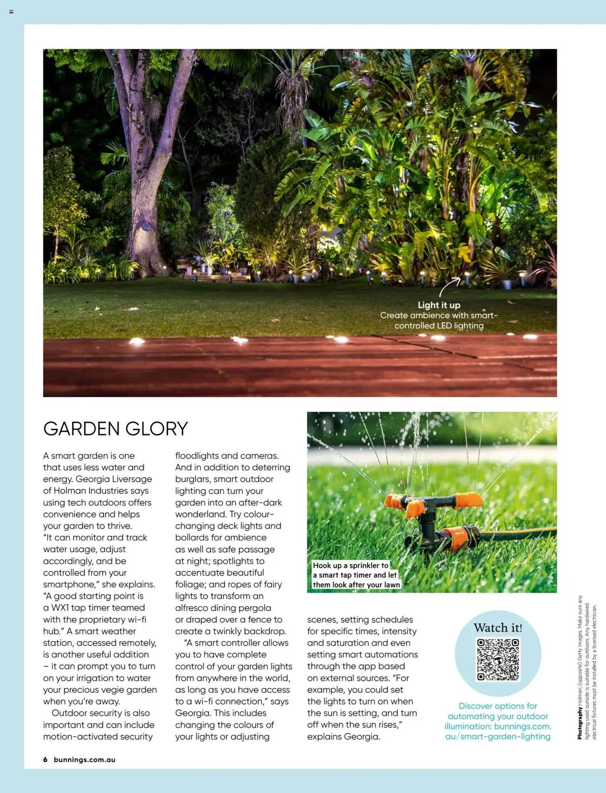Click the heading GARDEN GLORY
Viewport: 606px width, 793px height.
click(x=116, y=429)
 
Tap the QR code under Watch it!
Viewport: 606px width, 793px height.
click(x=498, y=659)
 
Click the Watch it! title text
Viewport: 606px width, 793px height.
click(x=498, y=628)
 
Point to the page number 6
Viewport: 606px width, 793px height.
click(x=45, y=760)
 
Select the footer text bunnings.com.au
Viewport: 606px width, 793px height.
click(x=85, y=760)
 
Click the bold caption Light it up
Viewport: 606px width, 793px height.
click(x=439, y=305)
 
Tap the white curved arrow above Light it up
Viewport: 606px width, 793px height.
click(x=449, y=287)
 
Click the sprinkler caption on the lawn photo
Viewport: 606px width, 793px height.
click(x=356, y=575)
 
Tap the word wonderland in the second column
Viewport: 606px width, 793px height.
click(x=199, y=515)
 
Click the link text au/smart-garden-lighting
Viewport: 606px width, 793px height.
click(x=498, y=737)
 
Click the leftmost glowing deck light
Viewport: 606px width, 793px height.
click(x=137, y=341)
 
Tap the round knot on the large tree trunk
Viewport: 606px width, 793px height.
click(x=146, y=226)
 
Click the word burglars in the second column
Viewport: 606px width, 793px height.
click(x=192, y=479)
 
